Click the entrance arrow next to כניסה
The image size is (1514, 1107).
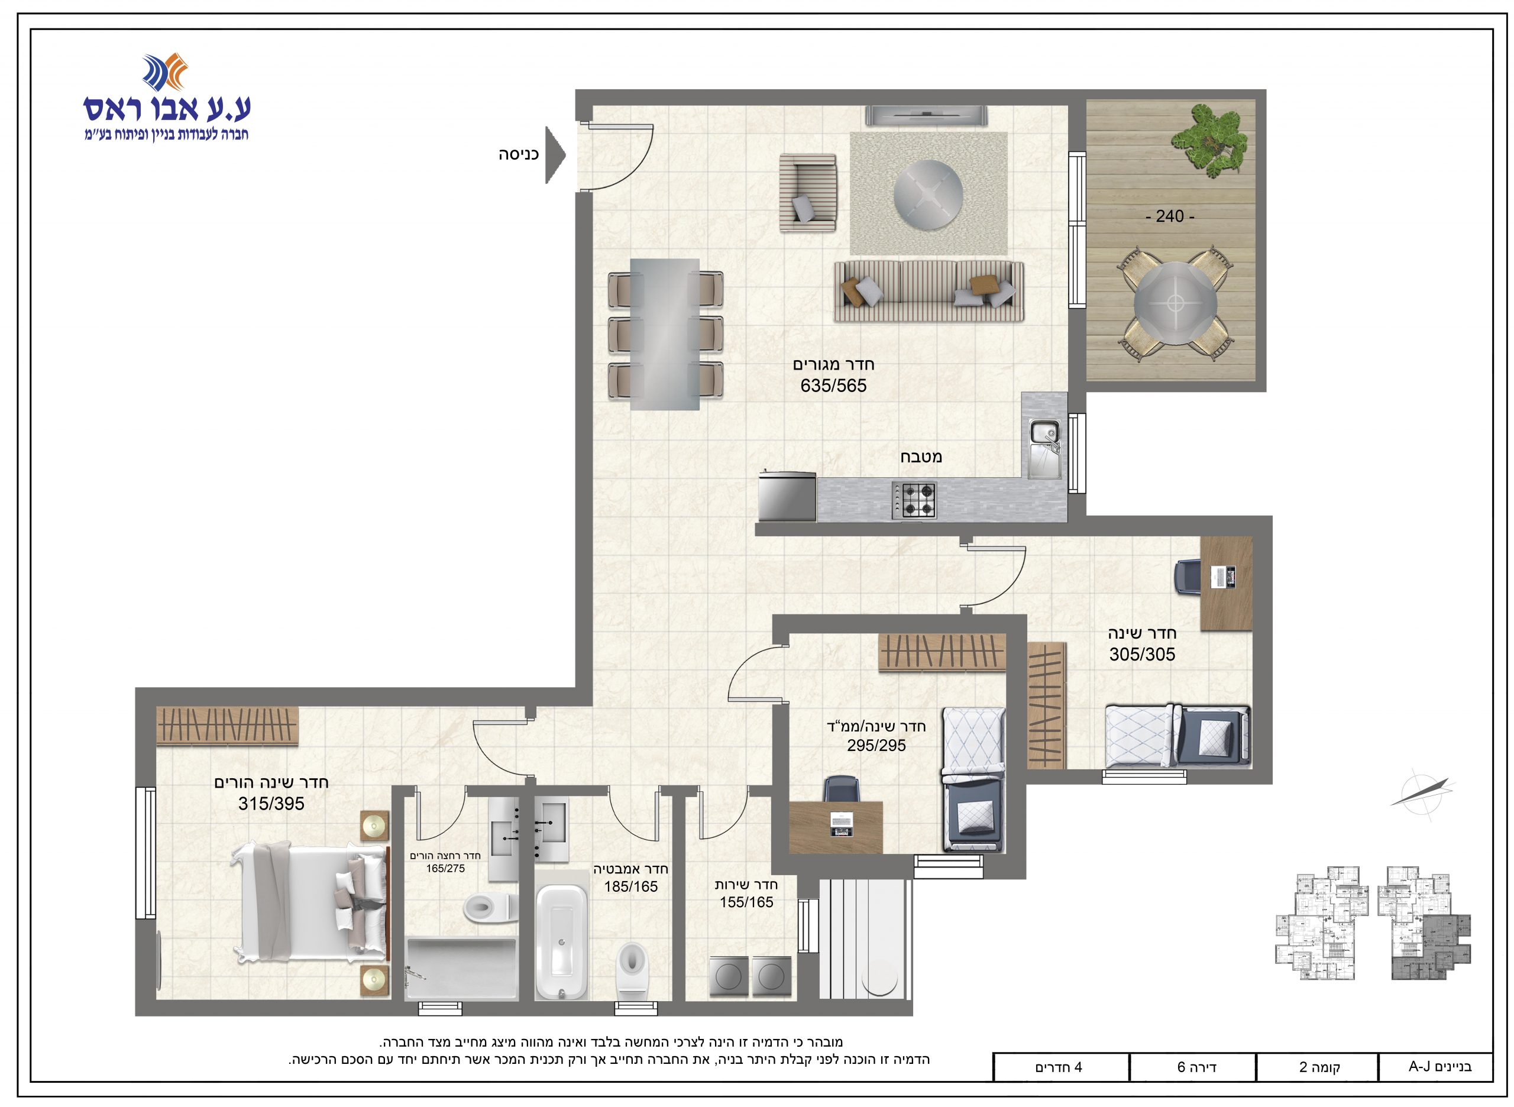(555, 156)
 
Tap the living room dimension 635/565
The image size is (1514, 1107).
(833, 386)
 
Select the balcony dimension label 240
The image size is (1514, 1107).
(1170, 216)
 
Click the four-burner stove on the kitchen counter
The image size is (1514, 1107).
(914, 500)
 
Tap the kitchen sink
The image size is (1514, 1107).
(1043, 448)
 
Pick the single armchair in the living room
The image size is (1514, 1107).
(808, 192)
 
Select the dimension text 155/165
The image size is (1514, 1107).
(746, 902)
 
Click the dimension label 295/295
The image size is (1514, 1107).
(876, 745)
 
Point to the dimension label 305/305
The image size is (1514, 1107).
(1142, 654)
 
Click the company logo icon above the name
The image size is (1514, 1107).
(165, 72)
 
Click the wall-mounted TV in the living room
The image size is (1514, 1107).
(926, 115)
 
